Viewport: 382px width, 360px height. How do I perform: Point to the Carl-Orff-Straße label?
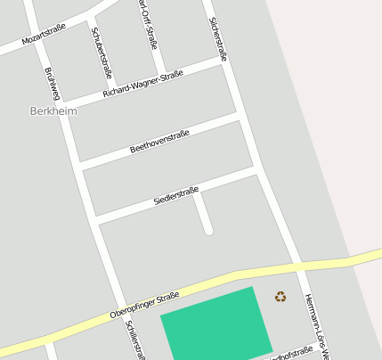pos(149,24)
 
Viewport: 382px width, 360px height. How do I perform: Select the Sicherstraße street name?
pos(216,38)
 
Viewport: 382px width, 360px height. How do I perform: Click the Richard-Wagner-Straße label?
pos(142,85)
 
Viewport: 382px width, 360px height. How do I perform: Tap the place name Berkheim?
pos(53,111)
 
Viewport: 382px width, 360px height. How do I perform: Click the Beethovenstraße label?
pos(159,142)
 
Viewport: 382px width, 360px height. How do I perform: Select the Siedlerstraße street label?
pos(175,195)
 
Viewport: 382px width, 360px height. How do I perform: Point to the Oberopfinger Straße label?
pos(144,305)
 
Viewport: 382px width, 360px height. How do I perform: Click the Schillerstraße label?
pos(136,340)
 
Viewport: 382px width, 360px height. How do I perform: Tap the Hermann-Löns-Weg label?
pos(316,326)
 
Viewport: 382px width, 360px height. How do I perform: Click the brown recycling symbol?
pos(280,297)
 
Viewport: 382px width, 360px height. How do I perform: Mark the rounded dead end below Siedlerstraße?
pos(208,230)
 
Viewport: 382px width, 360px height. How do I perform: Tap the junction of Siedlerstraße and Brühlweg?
pos(93,218)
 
